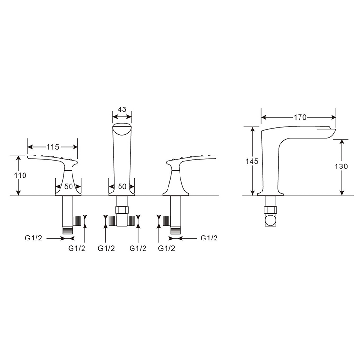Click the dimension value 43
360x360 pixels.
click(x=122, y=109)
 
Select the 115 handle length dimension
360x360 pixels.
click(x=53, y=147)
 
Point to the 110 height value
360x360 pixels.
click(x=20, y=175)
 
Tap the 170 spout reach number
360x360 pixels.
click(x=300, y=117)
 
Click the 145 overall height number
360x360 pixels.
click(x=252, y=161)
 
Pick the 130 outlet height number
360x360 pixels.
click(x=341, y=166)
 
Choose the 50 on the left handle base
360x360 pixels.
click(x=69, y=187)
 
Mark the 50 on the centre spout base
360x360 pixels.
click(x=122, y=187)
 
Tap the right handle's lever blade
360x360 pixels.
click(x=191, y=159)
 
